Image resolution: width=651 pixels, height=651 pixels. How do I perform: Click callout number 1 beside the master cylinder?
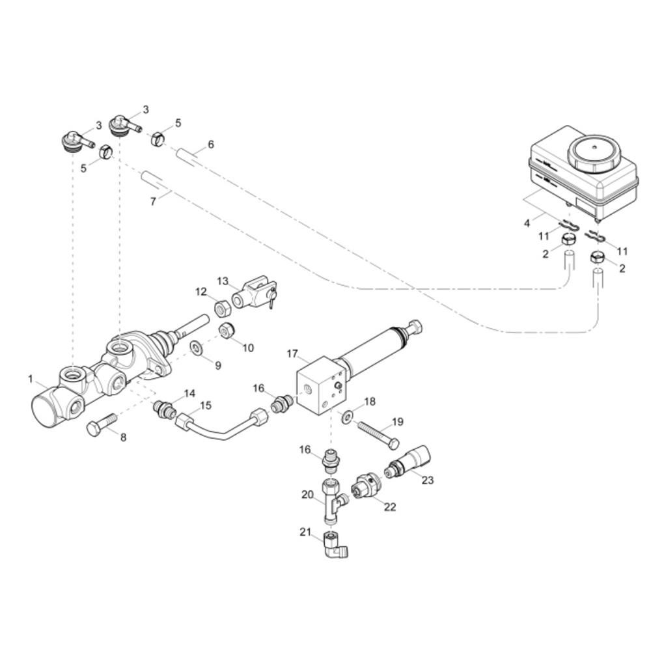point(31,379)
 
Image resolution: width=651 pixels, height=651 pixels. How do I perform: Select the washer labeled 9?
point(197,347)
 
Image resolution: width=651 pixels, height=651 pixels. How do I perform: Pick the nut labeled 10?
point(227,330)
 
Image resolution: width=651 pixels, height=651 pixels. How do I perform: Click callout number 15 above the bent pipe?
point(206,406)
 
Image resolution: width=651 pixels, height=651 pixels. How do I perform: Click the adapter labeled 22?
point(364,486)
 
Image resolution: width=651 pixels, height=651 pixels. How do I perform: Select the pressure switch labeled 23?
point(408,462)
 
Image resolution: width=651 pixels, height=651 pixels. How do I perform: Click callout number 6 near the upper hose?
point(211,145)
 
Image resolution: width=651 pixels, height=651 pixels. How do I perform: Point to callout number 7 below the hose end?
point(153,202)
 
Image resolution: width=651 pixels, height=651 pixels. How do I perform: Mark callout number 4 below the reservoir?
point(527,223)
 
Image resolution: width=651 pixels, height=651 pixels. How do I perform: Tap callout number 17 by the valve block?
point(292,353)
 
